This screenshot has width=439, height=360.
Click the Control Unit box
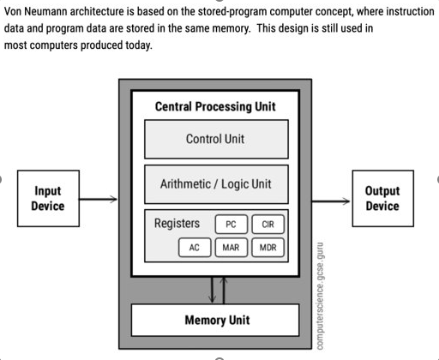coord(215,139)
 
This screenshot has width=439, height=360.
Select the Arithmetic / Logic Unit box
coord(215,184)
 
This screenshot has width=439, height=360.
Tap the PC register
coord(230,225)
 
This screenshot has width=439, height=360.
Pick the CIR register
coord(268,225)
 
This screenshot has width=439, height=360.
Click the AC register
coord(195,248)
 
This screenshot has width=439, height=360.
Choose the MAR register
coord(230,248)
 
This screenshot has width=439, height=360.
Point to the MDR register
coord(268,248)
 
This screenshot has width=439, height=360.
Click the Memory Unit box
coord(217,321)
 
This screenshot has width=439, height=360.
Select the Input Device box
coord(47,199)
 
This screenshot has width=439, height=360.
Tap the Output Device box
coord(382,199)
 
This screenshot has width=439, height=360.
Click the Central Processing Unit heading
coord(215,107)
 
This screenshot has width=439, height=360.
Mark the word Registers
coord(177,224)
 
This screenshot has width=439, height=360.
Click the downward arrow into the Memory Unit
coord(213,290)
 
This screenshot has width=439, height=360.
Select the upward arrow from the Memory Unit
coord(225,290)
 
